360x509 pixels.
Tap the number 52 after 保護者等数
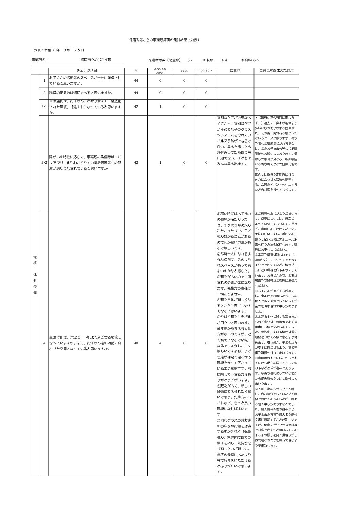[x=190, y=60]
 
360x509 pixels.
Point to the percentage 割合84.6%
[x=250, y=60]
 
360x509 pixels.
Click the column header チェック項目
[x=86, y=71]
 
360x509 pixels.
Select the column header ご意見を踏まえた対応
[x=276, y=71]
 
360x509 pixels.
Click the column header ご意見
[x=234, y=71]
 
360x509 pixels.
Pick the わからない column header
[x=206, y=71]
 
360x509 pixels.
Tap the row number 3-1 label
[x=44, y=107]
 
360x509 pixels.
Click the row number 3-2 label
[x=44, y=163]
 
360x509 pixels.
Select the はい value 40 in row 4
[x=136, y=343]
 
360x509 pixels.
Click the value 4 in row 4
[x=160, y=343]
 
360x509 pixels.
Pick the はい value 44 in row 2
[x=136, y=93]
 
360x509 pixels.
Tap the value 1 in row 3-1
[x=160, y=107]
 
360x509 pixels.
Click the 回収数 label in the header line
[x=208, y=60]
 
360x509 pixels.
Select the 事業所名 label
[x=39, y=60]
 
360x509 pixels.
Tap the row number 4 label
[x=44, y=343]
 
